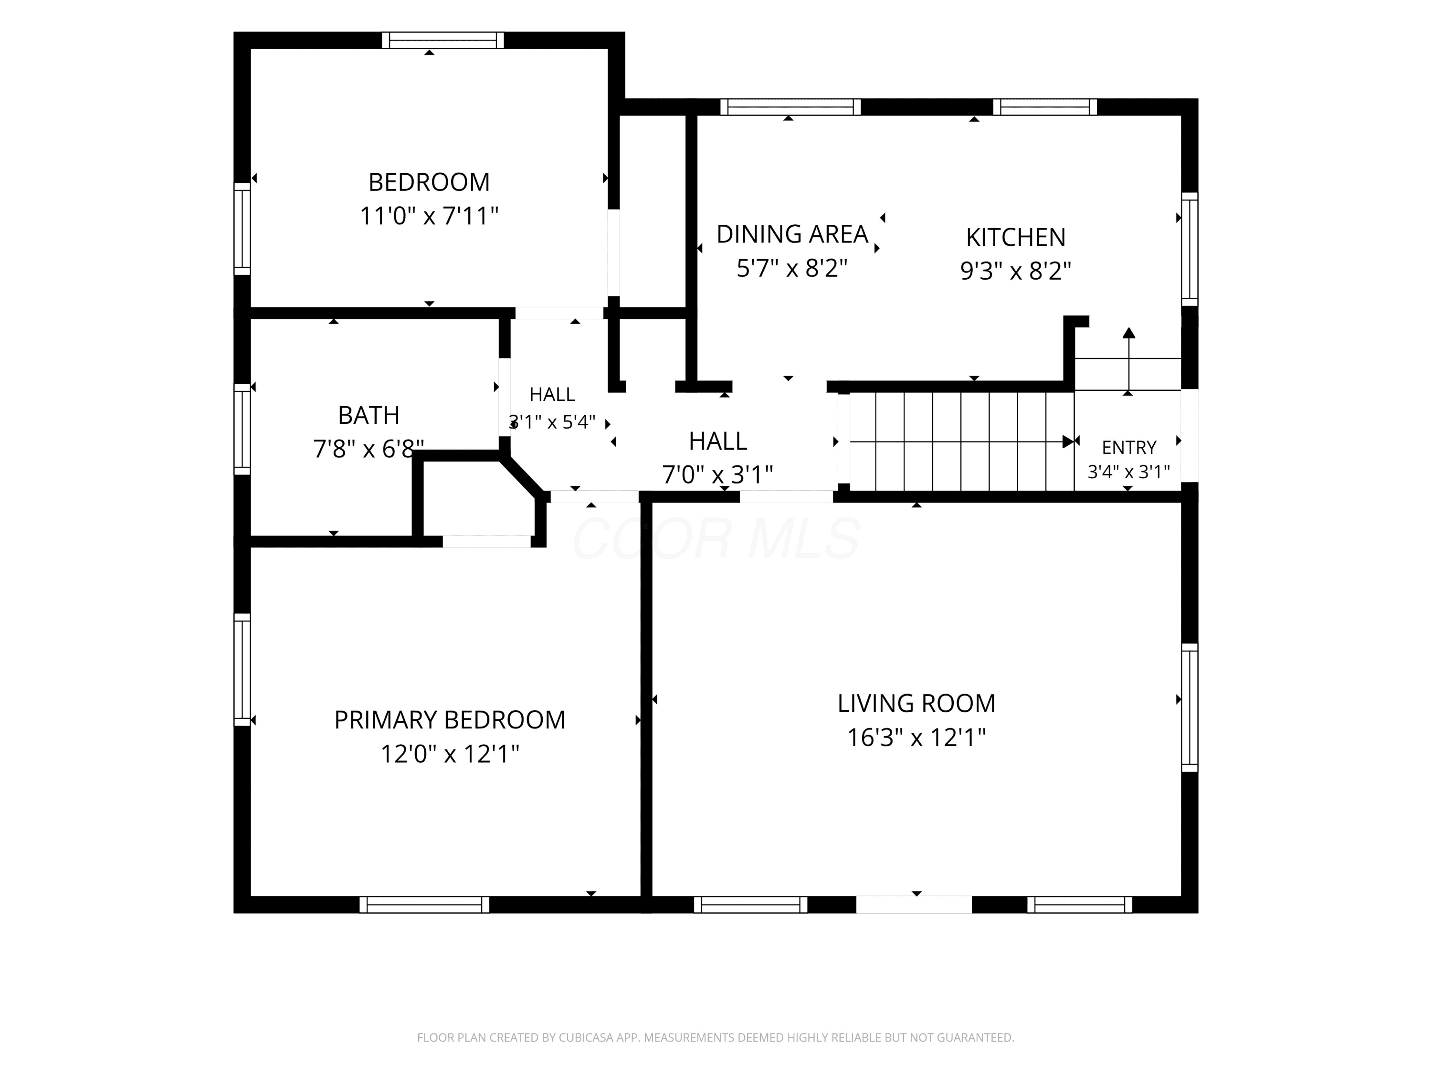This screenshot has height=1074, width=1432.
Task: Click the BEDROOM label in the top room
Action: tap(429, 182)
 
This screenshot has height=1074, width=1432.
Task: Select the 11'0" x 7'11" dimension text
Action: tap(429, 216)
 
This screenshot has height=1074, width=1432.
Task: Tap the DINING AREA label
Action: tap(792, 234)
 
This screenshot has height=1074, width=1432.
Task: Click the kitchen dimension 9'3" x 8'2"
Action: tap(1015, 270)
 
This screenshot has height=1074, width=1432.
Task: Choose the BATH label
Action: tap(369, 415)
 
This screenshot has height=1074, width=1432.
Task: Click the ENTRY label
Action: tap(1128, 447)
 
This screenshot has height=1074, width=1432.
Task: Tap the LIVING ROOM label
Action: tap(916, 703)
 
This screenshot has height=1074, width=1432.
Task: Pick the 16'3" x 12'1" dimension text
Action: tap(916, 737)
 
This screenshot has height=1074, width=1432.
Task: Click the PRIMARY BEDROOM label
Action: tap(449, 720)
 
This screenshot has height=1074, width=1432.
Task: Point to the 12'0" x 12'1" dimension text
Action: tap(449, 754)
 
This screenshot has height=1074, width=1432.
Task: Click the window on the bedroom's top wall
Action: tap(443, 40)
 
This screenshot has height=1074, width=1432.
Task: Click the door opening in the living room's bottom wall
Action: tap(914, 905)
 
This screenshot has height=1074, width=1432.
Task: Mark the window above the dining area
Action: tap(790, 107)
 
